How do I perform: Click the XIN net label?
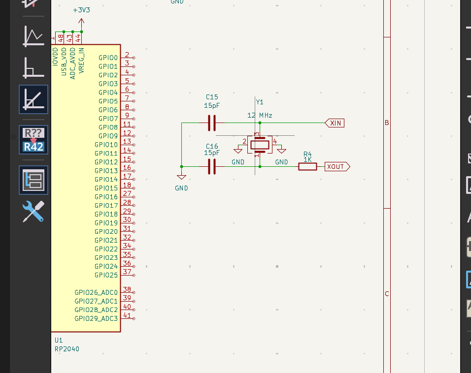tap(335, 123)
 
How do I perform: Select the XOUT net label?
tap(336, 167)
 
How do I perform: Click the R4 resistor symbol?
tap(307, 167)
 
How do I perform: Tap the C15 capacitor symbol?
tap(212, 123)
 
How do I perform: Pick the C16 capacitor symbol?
tap(212, 167)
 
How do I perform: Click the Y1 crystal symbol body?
tap(260, 144)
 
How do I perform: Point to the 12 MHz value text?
tap(260, 116)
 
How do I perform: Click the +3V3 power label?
tap(81, 10)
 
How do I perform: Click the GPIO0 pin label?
tap(108, 58)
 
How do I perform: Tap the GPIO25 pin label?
tap(106, 275)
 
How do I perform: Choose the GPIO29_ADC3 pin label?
tap(96, 318)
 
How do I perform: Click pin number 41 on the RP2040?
tap(127, 315)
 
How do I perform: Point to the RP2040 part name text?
tap(67, 349)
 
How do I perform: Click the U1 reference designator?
tap(59, 340)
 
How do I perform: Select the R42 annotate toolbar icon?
tap(34, 140)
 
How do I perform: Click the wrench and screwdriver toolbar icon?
tap(34, 211)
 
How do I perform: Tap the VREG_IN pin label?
tap(81, 61)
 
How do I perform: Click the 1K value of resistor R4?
tap(307, 160)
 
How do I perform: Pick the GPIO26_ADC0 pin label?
tap(96, 292)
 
